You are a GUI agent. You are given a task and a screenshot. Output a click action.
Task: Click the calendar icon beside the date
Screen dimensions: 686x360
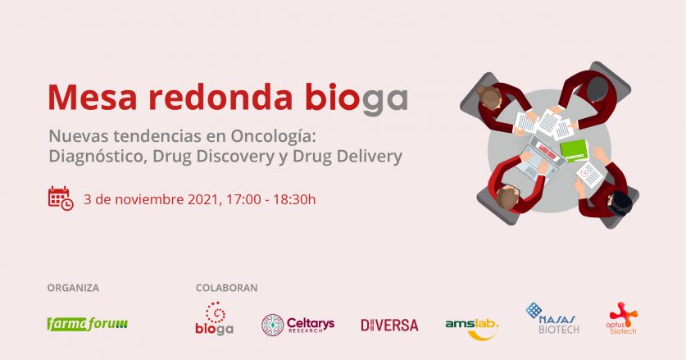click(x=61, y=198)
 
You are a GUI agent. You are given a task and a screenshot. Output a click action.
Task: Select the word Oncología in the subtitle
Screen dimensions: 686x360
click(x=273, y=137)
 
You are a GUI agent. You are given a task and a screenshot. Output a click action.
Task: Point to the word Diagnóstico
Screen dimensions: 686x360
click(x=97, y=157)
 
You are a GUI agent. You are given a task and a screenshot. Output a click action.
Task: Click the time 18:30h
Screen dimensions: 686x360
click(x=294, y=200)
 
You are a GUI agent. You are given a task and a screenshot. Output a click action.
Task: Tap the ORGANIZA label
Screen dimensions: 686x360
click(x=73, y=288)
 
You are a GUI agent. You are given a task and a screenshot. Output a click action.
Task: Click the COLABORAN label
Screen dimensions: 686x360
click(x=227, y=288)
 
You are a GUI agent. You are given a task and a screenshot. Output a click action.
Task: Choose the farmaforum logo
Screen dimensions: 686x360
click(x=88, y=324)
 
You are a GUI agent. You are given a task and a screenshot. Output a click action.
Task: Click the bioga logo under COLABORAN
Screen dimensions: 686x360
click(x=215, y=318)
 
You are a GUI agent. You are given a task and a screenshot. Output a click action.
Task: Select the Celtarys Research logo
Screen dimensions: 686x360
click(x=298, y=325)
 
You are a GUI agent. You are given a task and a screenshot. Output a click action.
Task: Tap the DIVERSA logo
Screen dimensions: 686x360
click(x=389, y=325)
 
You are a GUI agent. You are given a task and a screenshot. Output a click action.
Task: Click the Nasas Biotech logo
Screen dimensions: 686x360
click(x=552, y=318)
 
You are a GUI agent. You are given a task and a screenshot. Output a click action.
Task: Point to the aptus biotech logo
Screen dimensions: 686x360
click(x=622, y=318)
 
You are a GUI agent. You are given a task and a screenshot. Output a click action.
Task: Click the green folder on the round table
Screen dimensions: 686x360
click(x=574, y=150)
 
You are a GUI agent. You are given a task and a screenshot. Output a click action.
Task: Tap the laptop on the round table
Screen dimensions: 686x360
click(x=540, y=157)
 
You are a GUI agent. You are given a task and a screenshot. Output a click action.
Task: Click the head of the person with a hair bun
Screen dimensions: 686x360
click(x=488, y=94)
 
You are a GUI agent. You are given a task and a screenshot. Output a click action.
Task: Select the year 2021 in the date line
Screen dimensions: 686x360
click(x=203, y=200)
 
